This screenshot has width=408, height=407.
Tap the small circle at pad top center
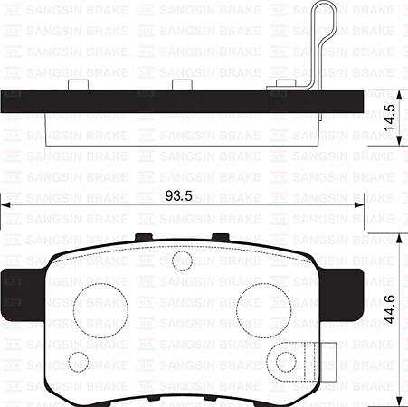pyautogui.click(x=180, y=260)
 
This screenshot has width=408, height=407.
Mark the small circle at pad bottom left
pyautogui.click(x=80, y=362)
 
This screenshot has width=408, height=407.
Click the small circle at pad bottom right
pyautogui.click(x=287, y=363)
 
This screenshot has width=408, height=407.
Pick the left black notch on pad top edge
pyautogui.click(x=142, y=238)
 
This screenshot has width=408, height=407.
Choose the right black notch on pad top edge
pyautogui.click(x=218, y=238)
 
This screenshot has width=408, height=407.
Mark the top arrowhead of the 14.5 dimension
pyautogui.click(x=399, y=93)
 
